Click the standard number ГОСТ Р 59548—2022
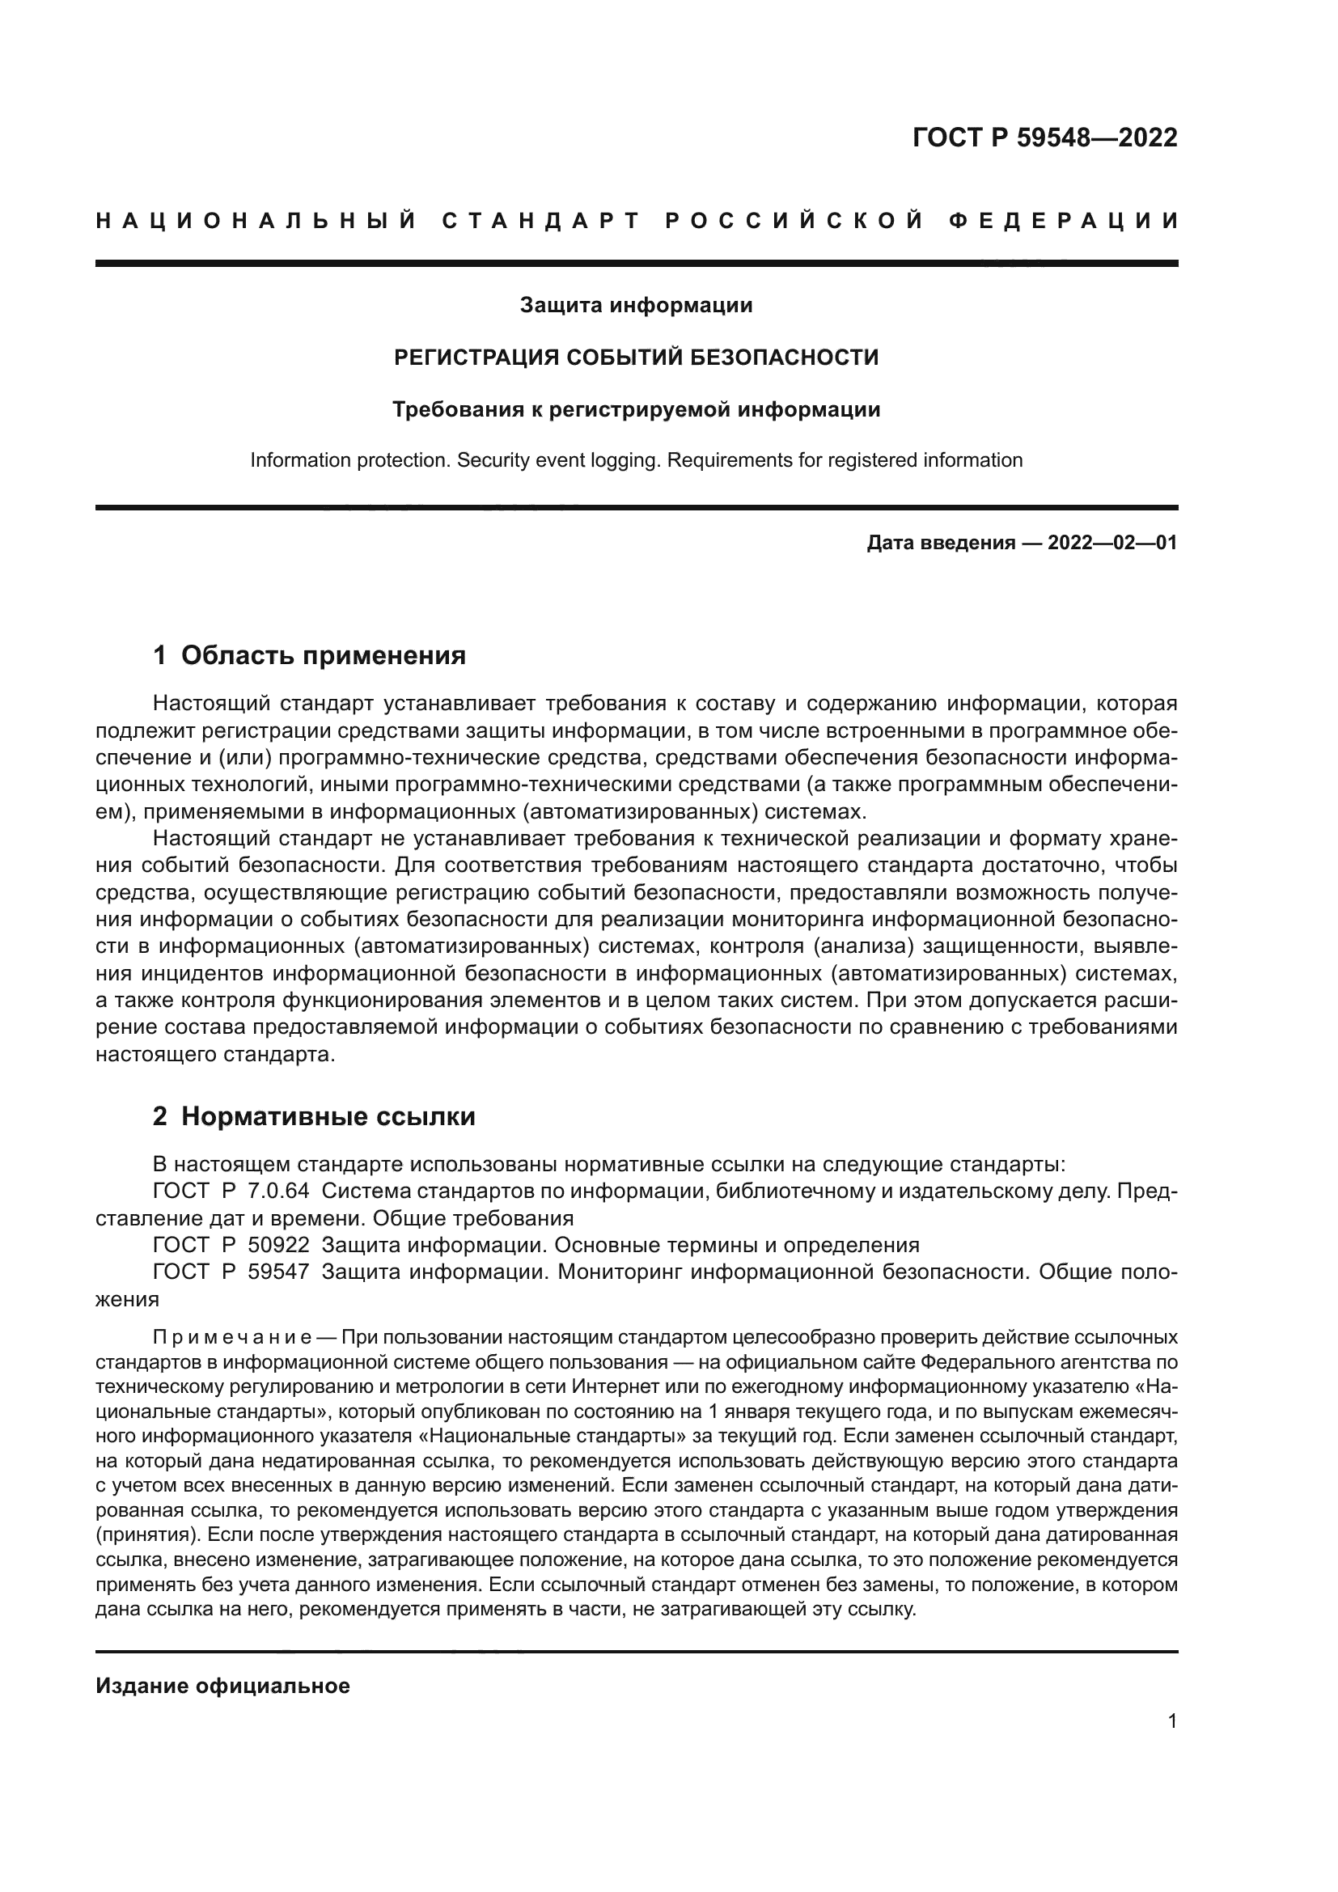pos(1044,138)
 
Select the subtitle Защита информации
pos(636,306)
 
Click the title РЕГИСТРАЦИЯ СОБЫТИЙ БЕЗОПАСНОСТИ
pos(636,358)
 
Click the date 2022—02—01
pos(1112,543)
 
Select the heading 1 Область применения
pos(309,656)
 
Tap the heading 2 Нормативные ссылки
pos(314,1116)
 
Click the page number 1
pos(1172,1721)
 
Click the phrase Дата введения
pos(940,543)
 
